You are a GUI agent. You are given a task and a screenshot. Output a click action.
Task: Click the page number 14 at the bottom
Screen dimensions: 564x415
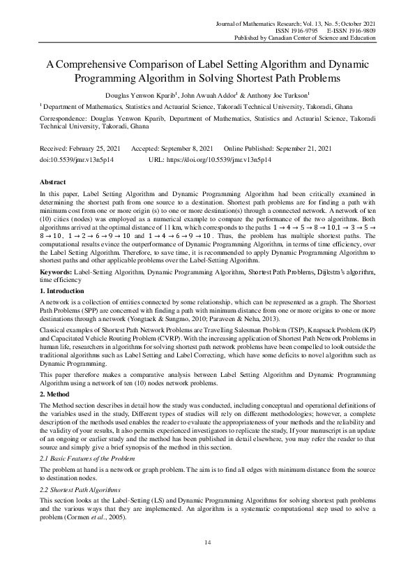point(207,542)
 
